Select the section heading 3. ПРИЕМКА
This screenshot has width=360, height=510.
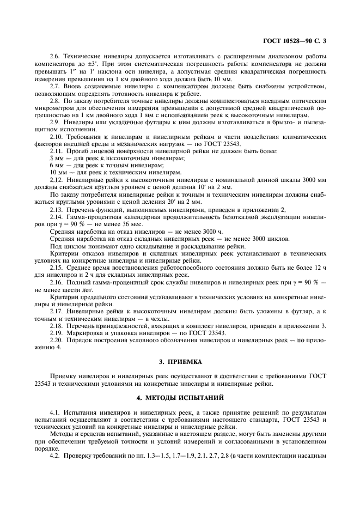tap(180, 361)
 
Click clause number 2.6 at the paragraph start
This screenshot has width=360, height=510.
tap(55, 57)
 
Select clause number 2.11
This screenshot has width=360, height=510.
tap(56, 150)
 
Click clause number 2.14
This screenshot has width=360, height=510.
tap(56, 217)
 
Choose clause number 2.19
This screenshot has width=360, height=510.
tap(56, 332)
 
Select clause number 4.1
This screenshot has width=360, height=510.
tap(54, 414)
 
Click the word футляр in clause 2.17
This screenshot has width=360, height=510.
tap(309, 311)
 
